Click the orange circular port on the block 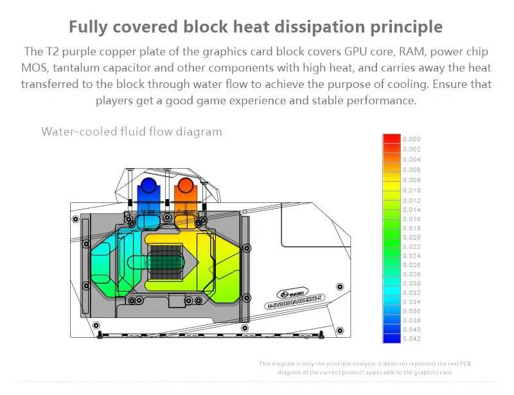pyautogui.click(x=185, y=186)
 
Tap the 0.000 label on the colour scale pyautogui.click(x=412, y=139)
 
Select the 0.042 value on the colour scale pyautogui.click(x=412, y=338)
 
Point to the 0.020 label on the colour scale pyautogui.click(x=412, y=237)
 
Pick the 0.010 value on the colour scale pyautogui.click(x=412, y=190)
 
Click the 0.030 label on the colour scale pyautogui.click(x=412, y=283)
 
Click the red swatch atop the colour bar pyautogui.click(x=391, y=139)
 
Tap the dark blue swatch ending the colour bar pyautogui.click(x=391, y=338)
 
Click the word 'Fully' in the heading pyautogui.click(x=89, y=27)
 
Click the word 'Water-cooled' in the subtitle pyautogui.click(x=76, y=132)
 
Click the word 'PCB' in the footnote pyautogui.click(x=446, y=364)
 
